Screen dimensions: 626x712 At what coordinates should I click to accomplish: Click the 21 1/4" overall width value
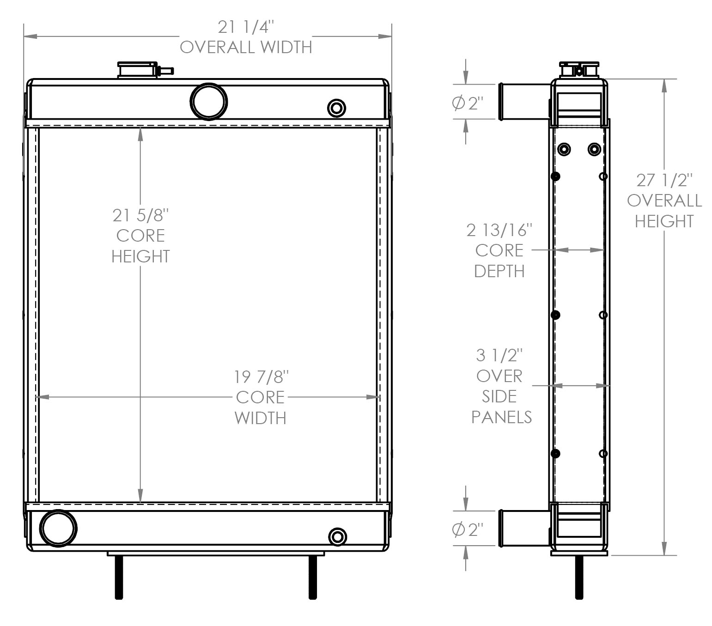click(246, 28)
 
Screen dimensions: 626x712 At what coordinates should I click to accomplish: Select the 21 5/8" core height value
click(140, 215)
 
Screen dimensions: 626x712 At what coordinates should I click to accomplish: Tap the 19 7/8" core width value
click(261, 377)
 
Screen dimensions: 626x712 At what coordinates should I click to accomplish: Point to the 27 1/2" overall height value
click(664, 180)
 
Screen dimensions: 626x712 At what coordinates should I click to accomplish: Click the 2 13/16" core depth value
click(499, 230)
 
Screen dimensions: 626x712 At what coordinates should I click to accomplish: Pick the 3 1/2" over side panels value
click(499, 355)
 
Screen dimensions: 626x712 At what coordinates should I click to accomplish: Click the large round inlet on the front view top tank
click(209, 102)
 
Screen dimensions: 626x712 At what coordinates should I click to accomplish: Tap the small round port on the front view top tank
click(336, 108)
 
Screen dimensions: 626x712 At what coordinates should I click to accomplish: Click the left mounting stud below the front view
click(119, 577)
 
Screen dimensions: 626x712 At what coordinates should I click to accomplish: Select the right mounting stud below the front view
click(313, 577)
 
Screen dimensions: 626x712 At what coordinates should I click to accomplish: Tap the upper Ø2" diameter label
click(467, 104)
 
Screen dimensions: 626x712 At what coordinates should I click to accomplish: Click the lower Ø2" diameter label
click(467, 530)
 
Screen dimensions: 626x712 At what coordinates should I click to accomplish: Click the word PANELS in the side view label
click(501, 417)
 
